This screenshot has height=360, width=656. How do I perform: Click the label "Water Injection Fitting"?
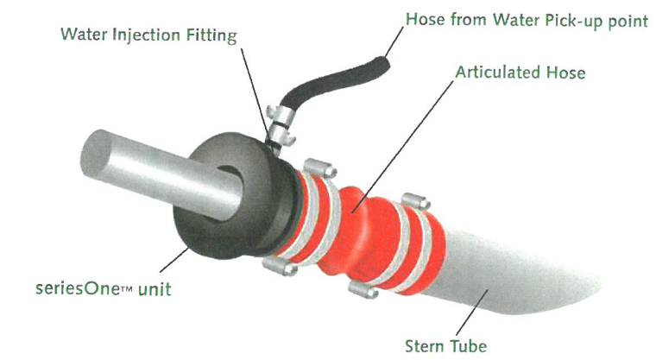click(x=149, y=35)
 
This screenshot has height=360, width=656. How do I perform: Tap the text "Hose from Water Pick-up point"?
click(x=527, y=20)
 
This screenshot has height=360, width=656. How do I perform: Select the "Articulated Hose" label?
click(x=520, y=73)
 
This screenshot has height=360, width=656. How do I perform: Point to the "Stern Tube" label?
click(x=446, y=346)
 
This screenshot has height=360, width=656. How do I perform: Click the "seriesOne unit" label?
click(x=104, y=289)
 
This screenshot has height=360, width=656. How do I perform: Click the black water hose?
click(x=335, y=82)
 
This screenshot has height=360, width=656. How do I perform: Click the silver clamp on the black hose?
click(x=280, y=125)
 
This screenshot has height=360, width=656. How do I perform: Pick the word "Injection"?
click(x=148, y=35)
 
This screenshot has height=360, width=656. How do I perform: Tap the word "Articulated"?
click(x=498, y=73)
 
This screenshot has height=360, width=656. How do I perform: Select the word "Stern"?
click(x=424, y=346)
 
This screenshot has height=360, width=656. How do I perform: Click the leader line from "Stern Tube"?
click(x=472, y=312)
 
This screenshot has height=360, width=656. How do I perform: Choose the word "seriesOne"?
click(x=78, y=289)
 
